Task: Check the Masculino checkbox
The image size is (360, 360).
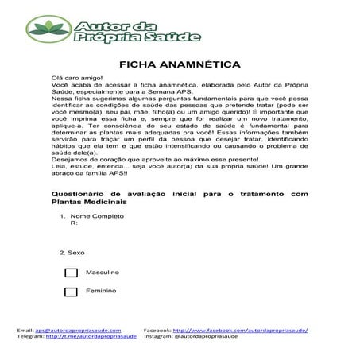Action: (x=71, y=272)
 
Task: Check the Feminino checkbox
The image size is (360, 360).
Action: (x=71, y=292)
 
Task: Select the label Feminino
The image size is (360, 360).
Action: (x=102, y=292)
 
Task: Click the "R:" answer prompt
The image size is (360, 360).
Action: (x=75, y=224)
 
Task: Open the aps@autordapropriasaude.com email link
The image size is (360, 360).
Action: (x=78, y=329)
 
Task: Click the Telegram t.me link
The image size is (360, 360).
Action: (x=91, y=336)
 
